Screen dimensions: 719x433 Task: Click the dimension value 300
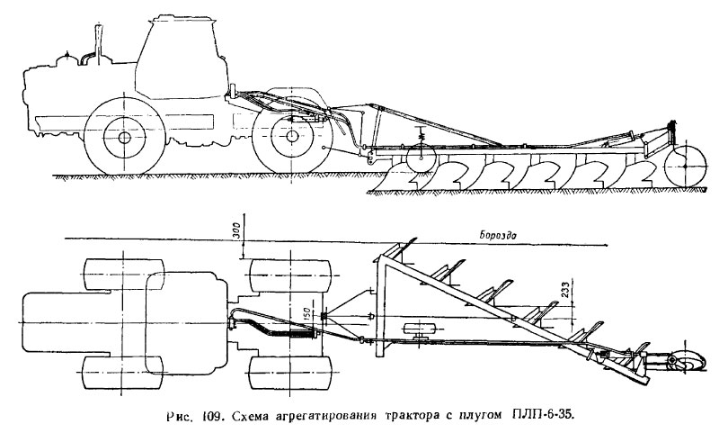click(236, 232)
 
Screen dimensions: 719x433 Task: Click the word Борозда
click(498, 236)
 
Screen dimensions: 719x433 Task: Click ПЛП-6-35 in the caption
click(541, 417)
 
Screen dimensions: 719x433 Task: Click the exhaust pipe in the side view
click(98, 43)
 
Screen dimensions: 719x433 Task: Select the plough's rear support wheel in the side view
click(685, 167)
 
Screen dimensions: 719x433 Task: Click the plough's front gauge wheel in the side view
click(421, 158)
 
